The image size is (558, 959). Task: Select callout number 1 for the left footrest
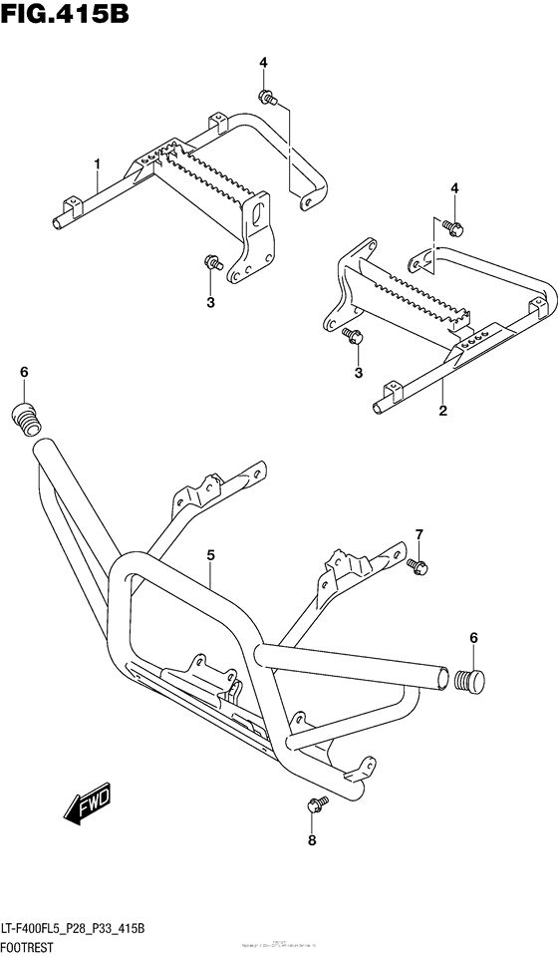[98, 162]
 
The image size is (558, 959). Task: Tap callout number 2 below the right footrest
[441, 410]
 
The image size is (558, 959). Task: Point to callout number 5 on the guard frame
[211, 552]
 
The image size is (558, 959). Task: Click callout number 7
[419, 534]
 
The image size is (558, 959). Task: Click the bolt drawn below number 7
[418, 566]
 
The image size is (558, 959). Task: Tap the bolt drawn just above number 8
[312, 803]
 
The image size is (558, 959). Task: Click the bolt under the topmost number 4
[266, 97]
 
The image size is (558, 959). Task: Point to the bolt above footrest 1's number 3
[211, 263]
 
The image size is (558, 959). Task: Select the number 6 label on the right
[473, 637]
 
